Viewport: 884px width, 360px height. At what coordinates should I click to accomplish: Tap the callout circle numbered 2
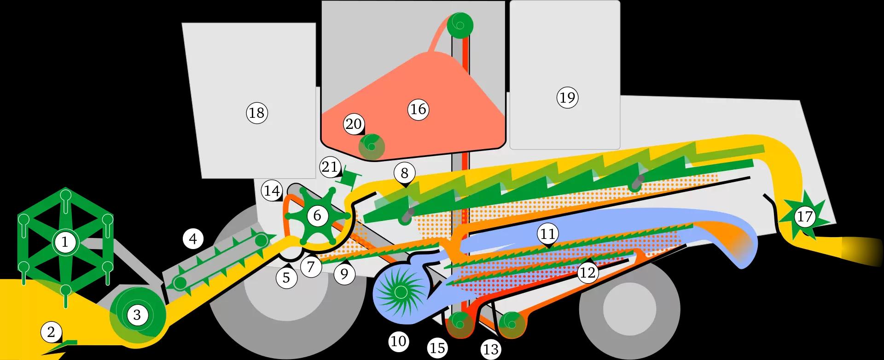tap(51, 332)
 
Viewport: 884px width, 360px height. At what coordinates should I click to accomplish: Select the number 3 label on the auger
tap(137, 315)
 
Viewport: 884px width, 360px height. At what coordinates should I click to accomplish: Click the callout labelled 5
tap(286, 278)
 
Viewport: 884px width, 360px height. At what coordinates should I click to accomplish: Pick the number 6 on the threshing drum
tap(317, 215)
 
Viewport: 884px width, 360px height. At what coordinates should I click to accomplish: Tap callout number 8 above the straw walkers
tap(404, 173)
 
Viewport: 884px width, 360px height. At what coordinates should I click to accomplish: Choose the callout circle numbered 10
tap(398, 341)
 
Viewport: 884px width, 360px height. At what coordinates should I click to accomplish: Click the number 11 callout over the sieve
tap(547, 234)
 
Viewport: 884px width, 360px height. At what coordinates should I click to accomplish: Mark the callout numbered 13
tap(491, 349)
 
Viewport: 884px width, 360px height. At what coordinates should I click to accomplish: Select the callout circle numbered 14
tap(272, 191)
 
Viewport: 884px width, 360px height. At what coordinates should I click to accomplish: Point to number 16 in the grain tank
tap(418, 109)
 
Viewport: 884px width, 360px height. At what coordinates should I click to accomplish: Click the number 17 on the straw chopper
tap(805, 216)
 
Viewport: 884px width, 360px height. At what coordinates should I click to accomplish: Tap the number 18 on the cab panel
tap(256, 112)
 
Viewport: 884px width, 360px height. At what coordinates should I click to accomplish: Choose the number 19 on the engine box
tap(567, 98)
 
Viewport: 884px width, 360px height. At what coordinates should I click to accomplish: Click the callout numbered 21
tap(330, 167)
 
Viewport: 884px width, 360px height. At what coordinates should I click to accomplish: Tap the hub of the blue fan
tap(400, 291)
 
